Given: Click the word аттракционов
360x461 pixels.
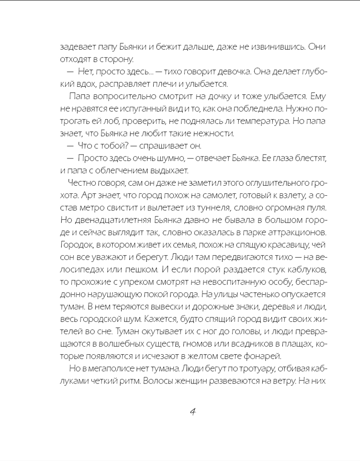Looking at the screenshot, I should pos(296,233).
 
